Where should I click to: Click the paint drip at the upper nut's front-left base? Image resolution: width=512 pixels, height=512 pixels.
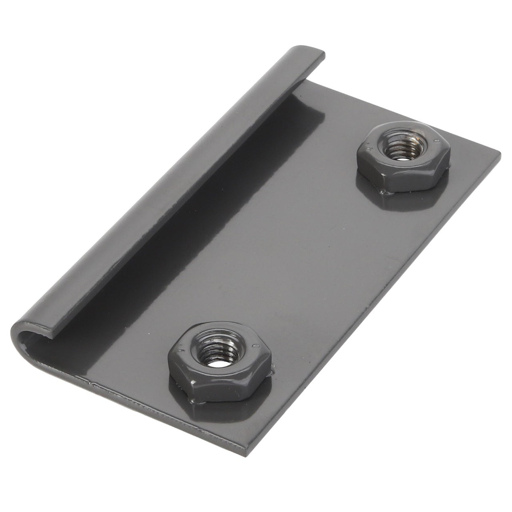tap(382, 192)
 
